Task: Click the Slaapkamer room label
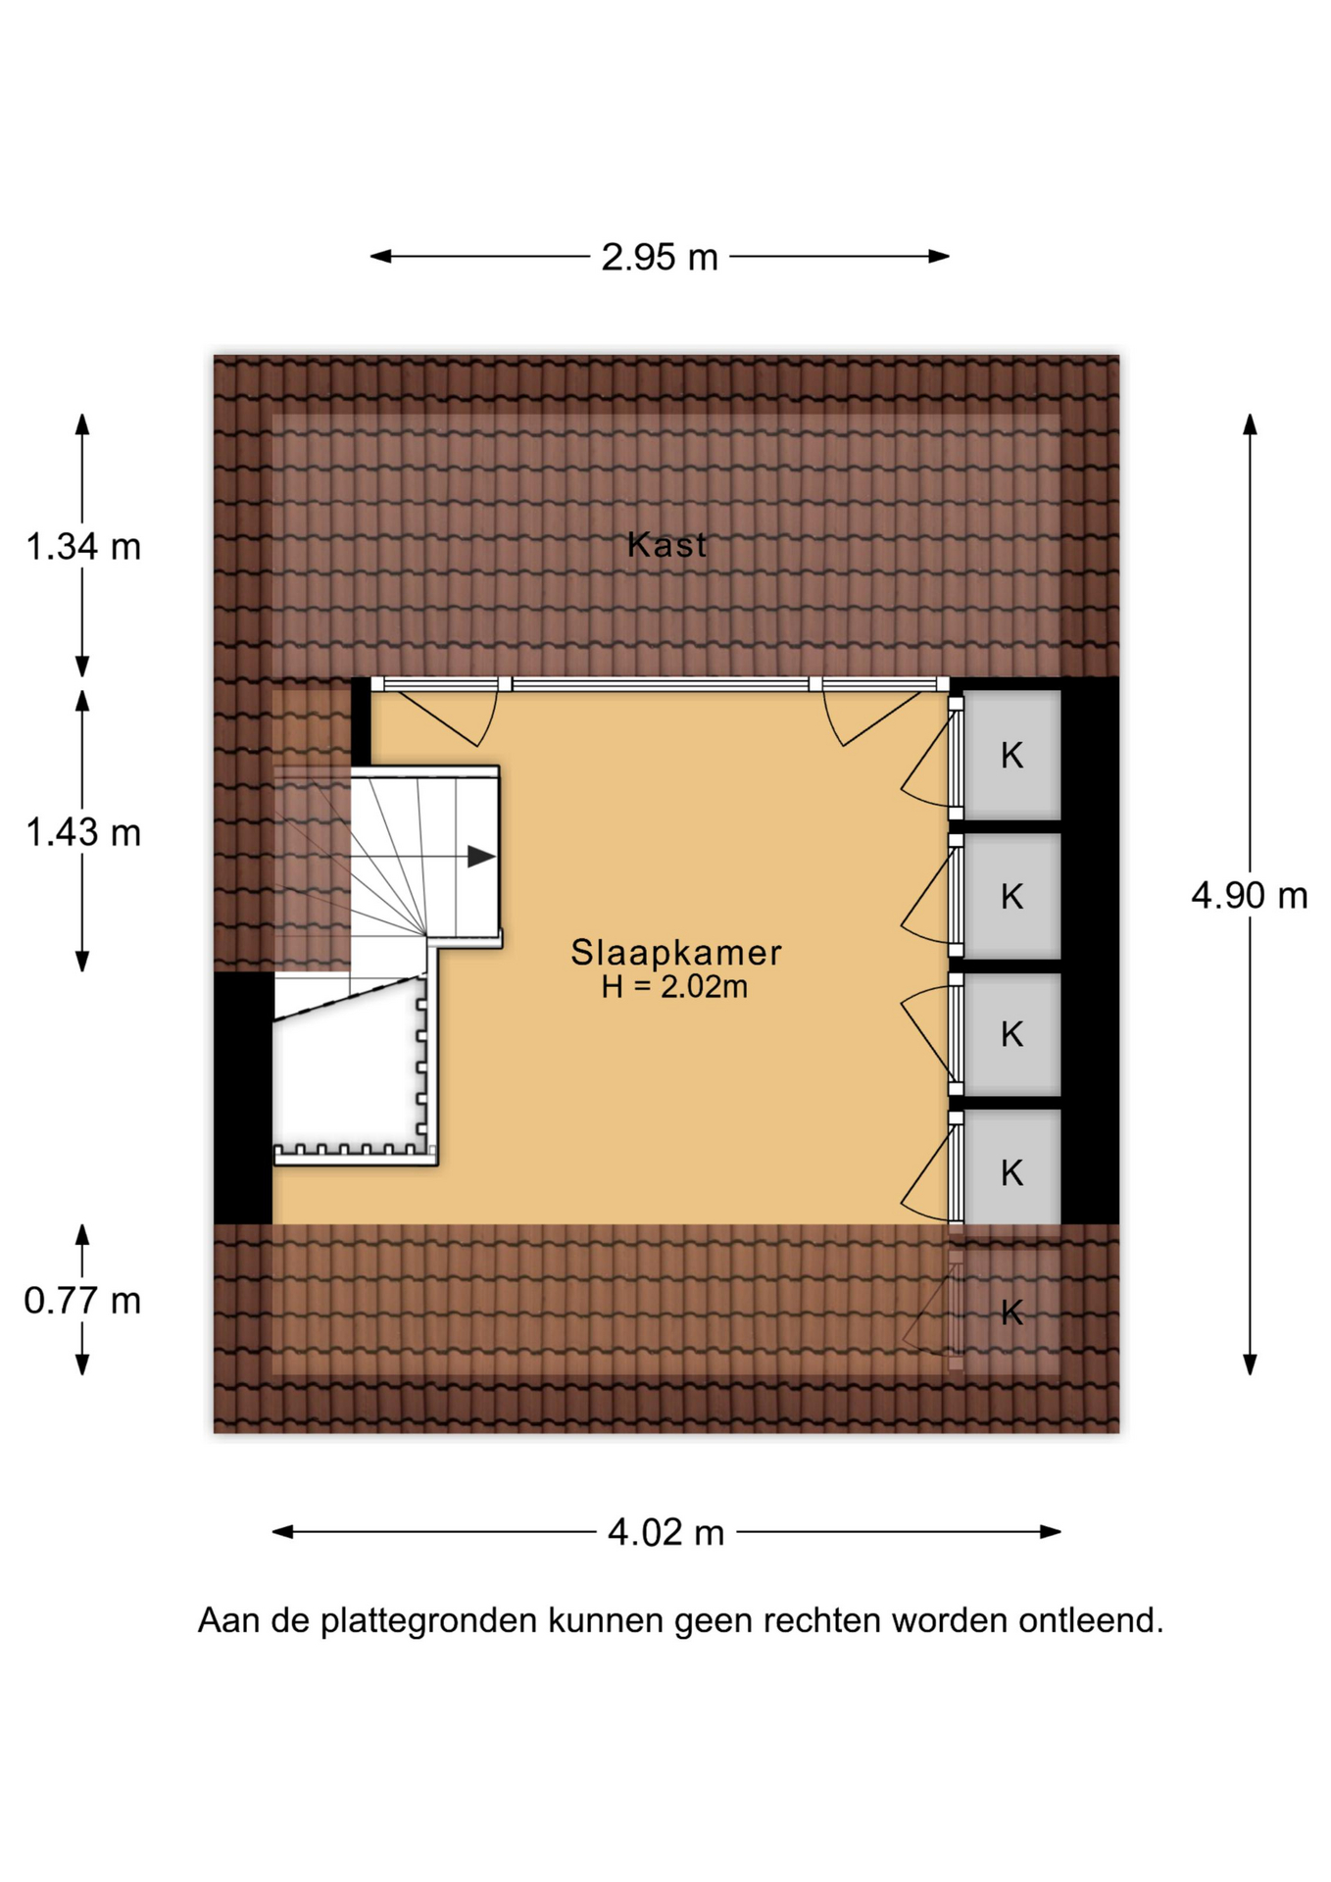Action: [x=676, y=953]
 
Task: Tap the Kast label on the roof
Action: [x=666, y=545]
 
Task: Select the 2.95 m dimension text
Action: [x=660, y=257]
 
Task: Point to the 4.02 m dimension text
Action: [x=665, y=1531]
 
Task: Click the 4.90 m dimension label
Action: [x=1250, y=895]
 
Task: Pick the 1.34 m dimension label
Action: [x=83, y=546]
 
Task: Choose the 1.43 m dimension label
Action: [x=83, y=832]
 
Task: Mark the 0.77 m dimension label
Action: [x=83, y=1301]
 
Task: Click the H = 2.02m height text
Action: [x=674, y=986]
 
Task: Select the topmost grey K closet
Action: [x=1011, y=755]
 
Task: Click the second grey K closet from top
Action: [x=1011, y=896]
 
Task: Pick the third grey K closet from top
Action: [x=1011, y=1034]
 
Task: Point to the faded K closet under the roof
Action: [x=1011, y=1311]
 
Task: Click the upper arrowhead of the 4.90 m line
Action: [x=1250, y=423]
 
